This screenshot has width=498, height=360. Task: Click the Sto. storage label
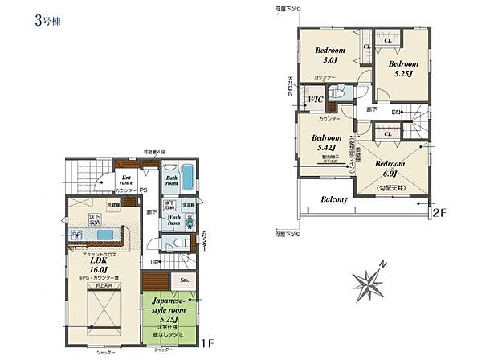pos(184,280)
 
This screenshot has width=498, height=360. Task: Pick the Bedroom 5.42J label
pos(327,143)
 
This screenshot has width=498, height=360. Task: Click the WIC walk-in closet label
pos(315,100)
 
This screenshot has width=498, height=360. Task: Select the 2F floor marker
pos(438,213)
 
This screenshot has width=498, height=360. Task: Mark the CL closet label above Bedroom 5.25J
pos(387,39)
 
